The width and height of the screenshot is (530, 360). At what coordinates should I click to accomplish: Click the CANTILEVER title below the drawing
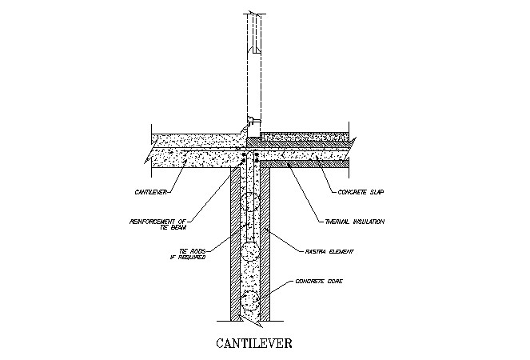254,343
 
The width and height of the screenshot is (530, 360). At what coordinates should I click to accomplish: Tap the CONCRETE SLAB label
361,192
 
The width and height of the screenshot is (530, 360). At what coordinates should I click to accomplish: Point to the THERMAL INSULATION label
355,222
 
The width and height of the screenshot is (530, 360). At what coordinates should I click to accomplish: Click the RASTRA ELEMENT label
329,251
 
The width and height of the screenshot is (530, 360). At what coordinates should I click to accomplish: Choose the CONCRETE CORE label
319,281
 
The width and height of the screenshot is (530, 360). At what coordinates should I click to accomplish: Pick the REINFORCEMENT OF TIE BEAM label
157,224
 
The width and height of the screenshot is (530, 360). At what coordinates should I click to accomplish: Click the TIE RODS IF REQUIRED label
188,254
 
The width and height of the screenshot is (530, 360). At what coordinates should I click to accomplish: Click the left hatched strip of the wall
235,244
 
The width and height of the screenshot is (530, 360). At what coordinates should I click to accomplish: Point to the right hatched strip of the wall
265,244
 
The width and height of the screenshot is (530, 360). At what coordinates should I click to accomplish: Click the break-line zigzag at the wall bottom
250,322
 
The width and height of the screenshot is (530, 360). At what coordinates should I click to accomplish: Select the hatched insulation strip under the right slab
304,164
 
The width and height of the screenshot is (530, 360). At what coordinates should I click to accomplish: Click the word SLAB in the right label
375,192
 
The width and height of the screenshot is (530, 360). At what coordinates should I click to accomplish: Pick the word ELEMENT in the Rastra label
341,251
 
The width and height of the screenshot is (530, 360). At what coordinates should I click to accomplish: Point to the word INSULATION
369,222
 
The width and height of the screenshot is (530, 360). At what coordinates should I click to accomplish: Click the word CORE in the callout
335,281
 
